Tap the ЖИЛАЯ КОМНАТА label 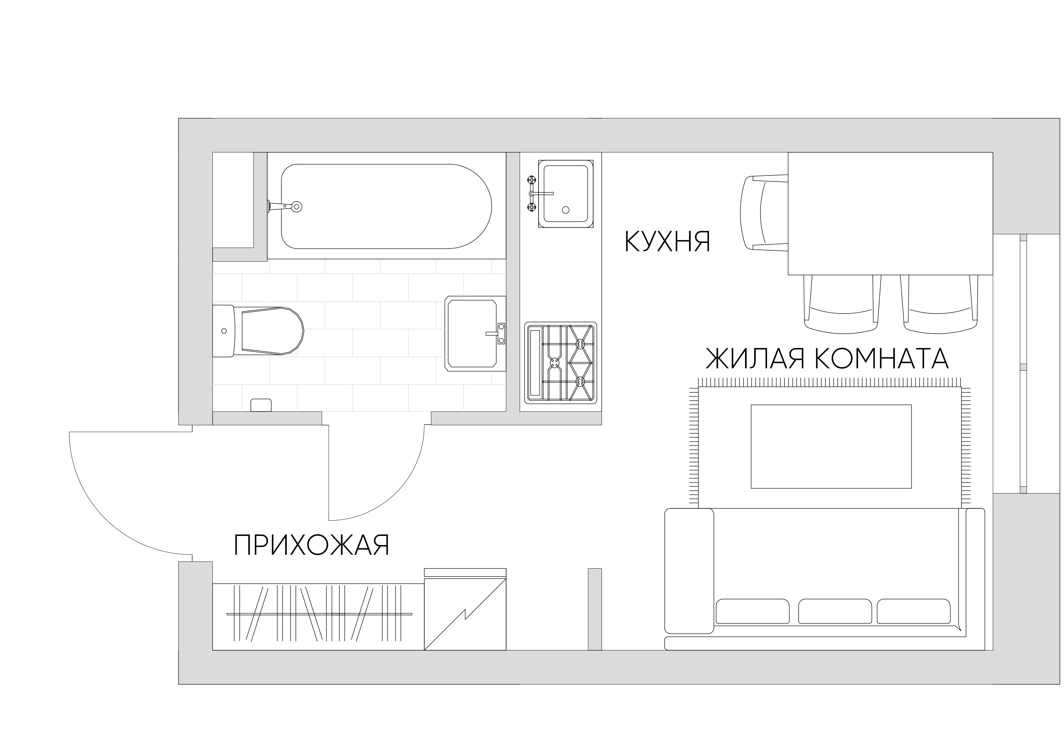pos(827,358)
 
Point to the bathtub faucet pos(284,207)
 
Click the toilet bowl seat pos(272,331)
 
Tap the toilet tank pos(223,331)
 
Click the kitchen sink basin pos(565,194)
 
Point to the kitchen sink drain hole pos(565,210)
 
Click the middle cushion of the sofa pos(835,611)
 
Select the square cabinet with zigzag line pos(465,613)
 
